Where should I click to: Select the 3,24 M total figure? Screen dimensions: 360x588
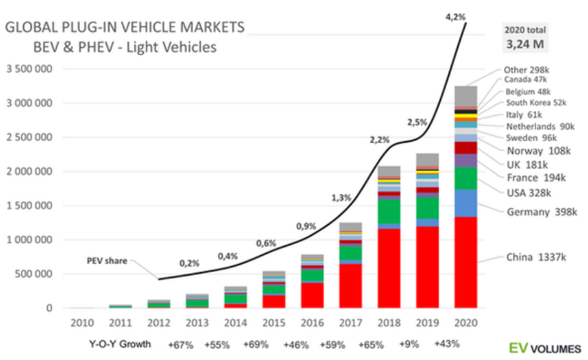click(x=525, y=46)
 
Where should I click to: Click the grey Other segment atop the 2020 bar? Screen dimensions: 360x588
click(x=466, y=95)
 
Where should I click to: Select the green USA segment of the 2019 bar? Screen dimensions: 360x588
click(x=428, y=207)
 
